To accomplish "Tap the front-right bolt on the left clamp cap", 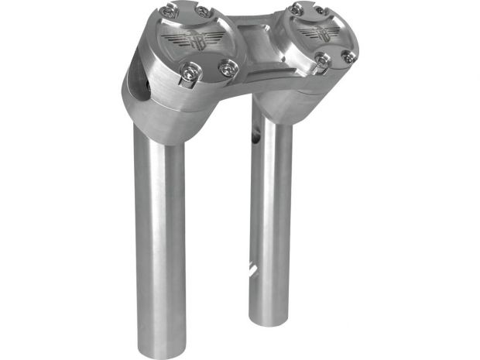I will coord(227,69).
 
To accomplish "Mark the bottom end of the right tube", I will coord(271,317).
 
